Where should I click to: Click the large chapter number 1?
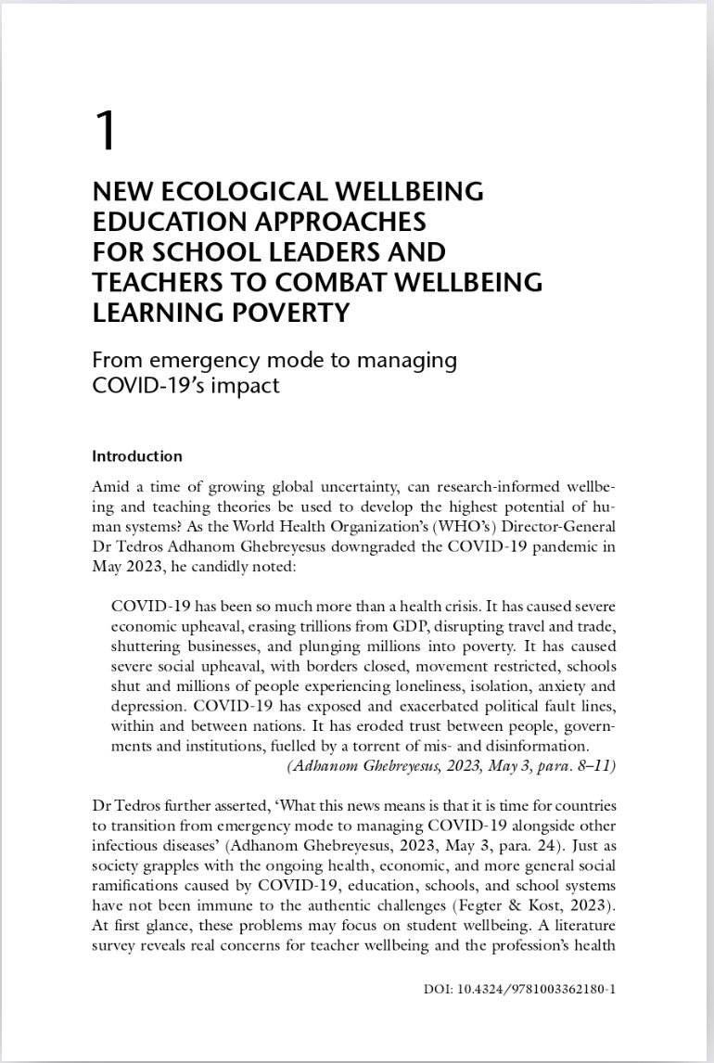[x=107, y=131]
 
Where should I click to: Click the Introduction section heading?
[x=137, y=456]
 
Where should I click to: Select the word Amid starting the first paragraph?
[x=110, y=487]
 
